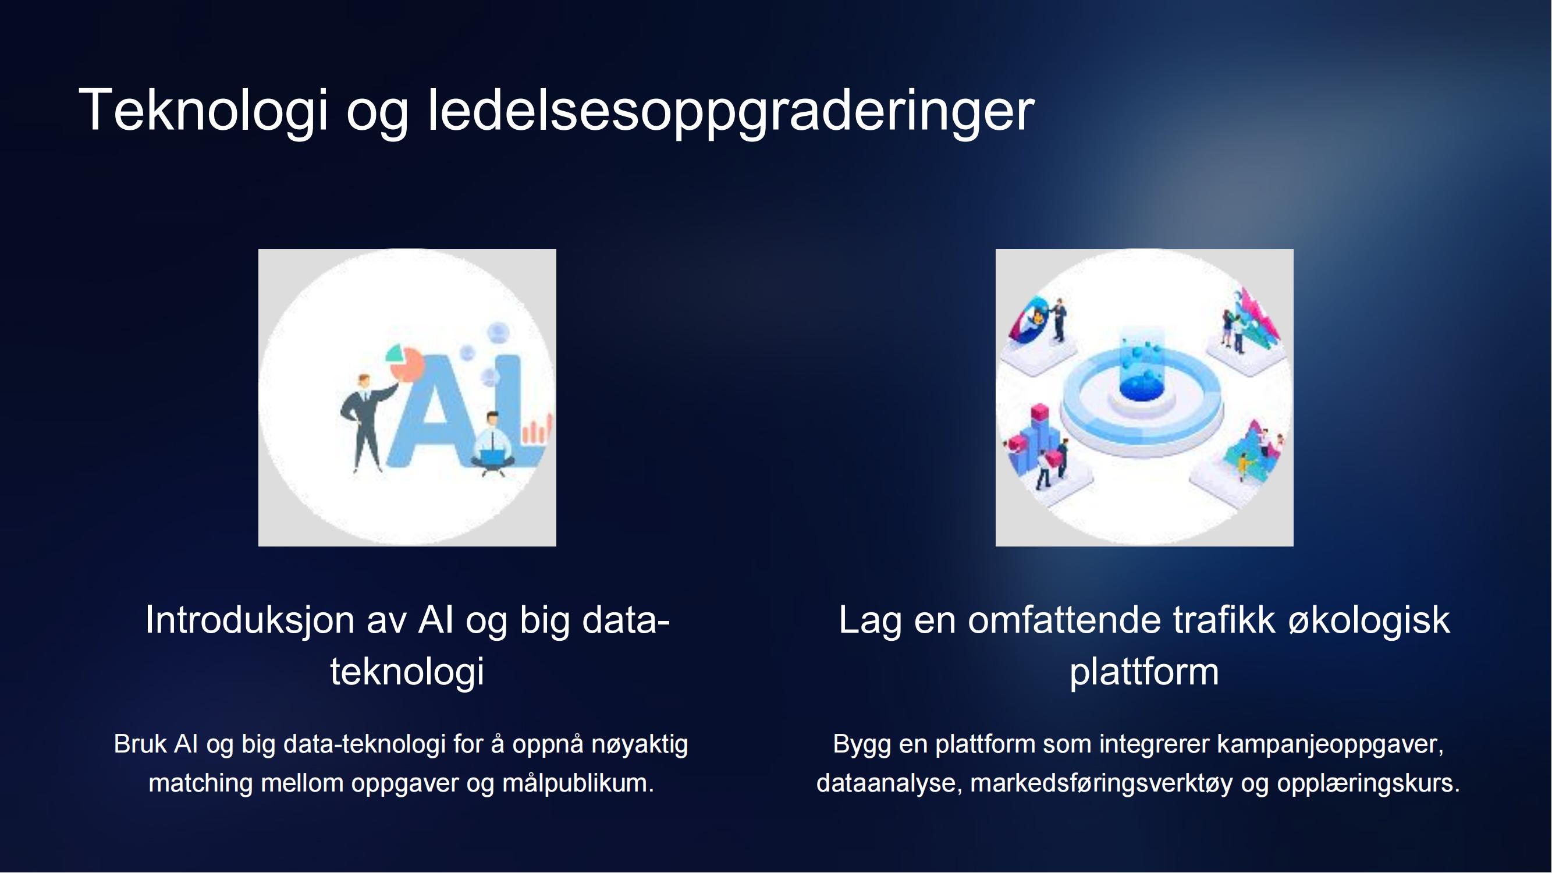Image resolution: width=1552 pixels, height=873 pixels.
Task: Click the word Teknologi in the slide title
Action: [x=203, y=110]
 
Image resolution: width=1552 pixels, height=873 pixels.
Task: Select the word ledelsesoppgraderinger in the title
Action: [x=731, y=110]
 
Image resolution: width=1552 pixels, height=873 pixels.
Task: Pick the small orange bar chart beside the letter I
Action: [x=536, y=428]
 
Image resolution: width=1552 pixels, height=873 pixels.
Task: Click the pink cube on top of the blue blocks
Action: [x=1040, y=414]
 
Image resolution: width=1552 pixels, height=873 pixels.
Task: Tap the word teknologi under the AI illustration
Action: [x=407, y=671]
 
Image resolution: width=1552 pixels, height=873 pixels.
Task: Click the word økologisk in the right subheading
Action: [x=1369, y=620]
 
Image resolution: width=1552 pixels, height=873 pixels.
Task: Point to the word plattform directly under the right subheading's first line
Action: [x=1144, y=672]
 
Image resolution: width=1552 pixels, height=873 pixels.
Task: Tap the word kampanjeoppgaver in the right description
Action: [x=1330, y=746]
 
